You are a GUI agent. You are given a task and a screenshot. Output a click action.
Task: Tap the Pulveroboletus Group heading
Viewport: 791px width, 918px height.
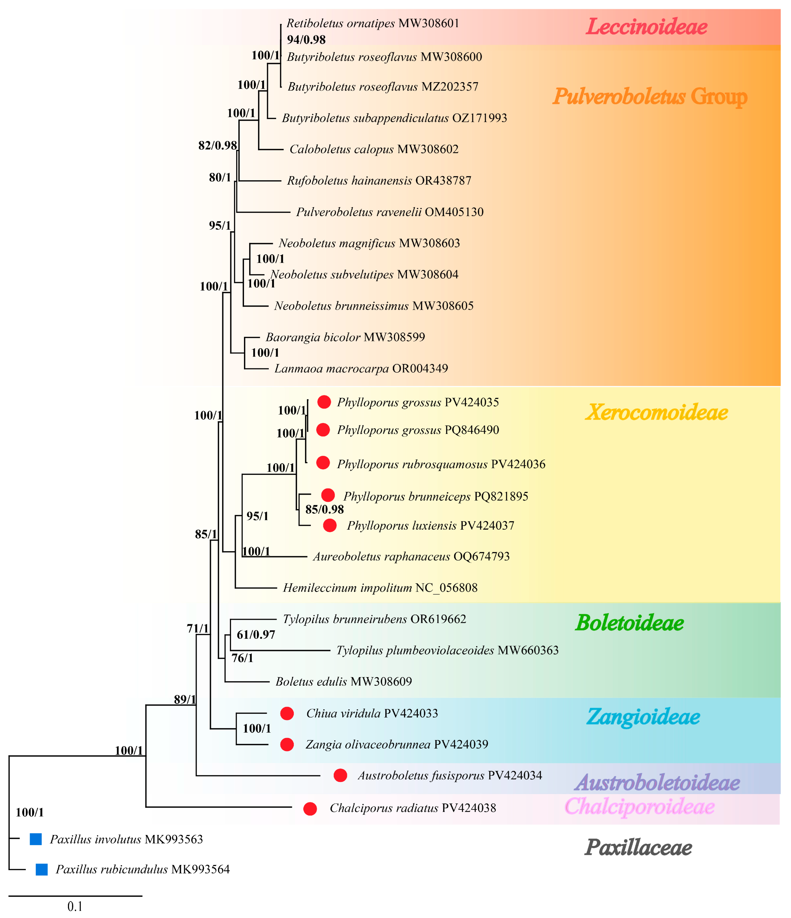pos(650,96)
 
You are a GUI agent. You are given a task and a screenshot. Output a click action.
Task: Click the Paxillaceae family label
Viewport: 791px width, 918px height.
pos(638,848)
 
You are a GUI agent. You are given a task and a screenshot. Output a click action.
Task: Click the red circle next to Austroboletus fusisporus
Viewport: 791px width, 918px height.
pos(340,775)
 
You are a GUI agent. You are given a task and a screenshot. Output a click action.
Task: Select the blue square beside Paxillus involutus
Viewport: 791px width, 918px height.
pos(36,839)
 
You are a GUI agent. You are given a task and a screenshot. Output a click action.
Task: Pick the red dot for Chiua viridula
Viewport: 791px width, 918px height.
pos(287,713)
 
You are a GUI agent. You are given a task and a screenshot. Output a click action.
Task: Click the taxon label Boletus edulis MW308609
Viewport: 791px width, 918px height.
pos(343,681)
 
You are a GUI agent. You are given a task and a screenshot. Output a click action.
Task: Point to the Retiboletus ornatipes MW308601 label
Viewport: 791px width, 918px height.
pos(373,23)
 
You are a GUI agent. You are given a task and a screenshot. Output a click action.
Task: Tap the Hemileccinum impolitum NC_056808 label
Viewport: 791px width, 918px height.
pos(380,588)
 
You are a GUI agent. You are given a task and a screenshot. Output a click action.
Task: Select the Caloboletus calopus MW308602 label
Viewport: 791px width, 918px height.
pos(374,149)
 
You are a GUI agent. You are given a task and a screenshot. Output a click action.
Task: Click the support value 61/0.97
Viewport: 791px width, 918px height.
pos(256,635)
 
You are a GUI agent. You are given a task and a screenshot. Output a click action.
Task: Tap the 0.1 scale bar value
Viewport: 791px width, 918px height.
pos(75,906)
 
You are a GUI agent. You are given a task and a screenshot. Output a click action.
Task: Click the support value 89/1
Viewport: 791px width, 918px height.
pos(185,700)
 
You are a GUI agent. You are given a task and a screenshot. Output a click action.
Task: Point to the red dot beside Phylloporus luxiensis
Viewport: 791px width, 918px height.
pos(330,526)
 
